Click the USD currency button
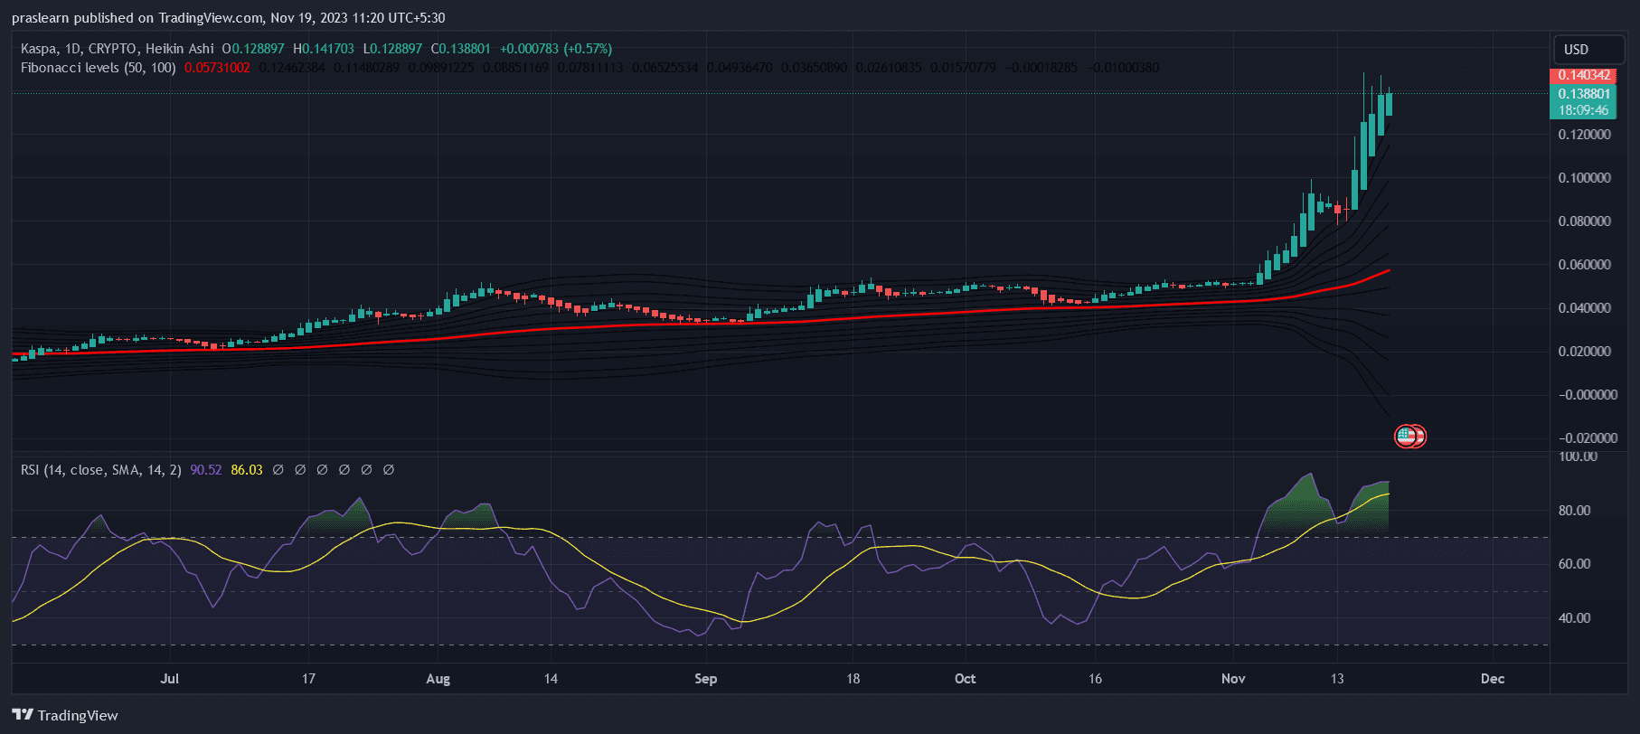(1576, 50)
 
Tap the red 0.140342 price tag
(1584, 75)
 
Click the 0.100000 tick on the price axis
(1584, 178)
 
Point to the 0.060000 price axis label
(1584, 265)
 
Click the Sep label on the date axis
(705, 679)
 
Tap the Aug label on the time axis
(438, 679)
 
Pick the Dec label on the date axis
(1493, 679)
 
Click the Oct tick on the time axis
(965, 679)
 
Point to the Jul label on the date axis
(169, 679)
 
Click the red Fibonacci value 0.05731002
(217, 68)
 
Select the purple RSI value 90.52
(205, 470)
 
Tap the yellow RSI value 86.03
(247, 470)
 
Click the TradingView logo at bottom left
(65, 715)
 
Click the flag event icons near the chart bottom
(1409, 437)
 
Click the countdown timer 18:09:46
(1583, 110)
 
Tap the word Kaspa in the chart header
(39, 49)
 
